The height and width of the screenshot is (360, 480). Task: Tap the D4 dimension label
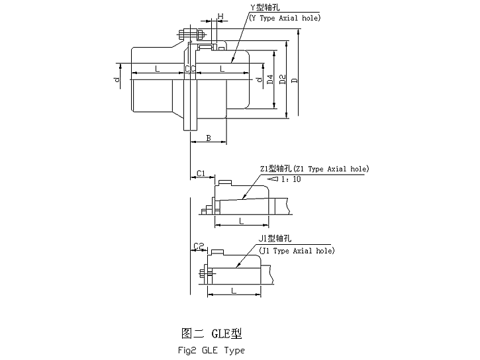269,80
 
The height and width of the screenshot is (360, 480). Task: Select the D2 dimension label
283,80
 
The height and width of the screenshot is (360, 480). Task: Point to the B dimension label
209,138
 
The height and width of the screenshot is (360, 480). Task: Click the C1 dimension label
201,173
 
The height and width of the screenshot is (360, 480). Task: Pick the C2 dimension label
198,246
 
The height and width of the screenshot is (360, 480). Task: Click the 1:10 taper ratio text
291,179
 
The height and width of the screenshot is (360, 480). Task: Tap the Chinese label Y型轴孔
265,7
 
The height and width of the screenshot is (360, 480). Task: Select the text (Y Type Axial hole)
285,17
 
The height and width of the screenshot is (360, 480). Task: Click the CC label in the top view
189,68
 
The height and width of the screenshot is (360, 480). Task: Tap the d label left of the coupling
117,80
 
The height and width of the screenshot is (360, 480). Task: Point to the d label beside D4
259,80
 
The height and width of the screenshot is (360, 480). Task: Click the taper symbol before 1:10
272,179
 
